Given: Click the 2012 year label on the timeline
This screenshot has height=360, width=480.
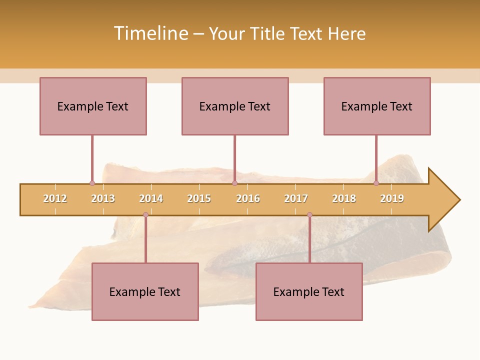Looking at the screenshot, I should point(55,198).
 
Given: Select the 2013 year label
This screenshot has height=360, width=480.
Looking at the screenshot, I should point(103,198).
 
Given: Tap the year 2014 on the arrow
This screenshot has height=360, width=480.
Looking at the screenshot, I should point(151,198).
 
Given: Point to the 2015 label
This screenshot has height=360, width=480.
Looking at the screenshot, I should point(199,198).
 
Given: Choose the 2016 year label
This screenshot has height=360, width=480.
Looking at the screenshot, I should point(248,198).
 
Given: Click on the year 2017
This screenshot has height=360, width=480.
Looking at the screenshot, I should point(296,198).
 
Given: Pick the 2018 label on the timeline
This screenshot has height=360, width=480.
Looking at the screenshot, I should point(344,198).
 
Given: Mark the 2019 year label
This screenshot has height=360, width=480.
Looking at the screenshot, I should point(392,198).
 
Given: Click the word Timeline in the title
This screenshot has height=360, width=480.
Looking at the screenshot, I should point(150,33).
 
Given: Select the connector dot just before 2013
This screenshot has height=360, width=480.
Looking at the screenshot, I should point(92,183).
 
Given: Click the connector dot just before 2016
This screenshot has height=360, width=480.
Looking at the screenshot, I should point(234,183).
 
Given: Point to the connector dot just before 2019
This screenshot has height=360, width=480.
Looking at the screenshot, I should point(376,183).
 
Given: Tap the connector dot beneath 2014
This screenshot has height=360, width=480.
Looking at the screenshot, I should point(145,215).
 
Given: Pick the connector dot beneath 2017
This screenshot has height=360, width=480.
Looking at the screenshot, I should point(309,215).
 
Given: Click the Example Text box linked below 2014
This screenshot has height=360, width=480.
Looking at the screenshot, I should point(145,291).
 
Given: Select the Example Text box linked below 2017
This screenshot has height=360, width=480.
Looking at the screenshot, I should point(309,291).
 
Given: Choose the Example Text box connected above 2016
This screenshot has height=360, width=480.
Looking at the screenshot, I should point(235,106).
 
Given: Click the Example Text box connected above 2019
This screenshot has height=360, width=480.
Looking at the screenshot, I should point(377,106).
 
